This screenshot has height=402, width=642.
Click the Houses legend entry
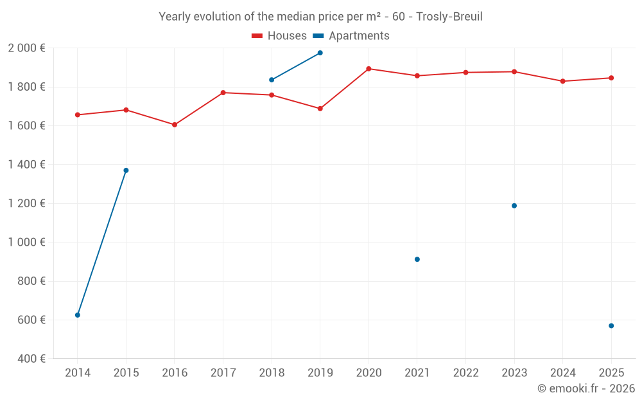pos(279,36)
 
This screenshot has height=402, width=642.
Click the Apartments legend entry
pos(351,36)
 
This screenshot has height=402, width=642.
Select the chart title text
pos(320,17)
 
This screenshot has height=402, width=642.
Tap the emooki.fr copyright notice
pos(586,388)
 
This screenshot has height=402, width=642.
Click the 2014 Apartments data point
pos(78,315)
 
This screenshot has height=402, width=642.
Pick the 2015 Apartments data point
pos(126,170)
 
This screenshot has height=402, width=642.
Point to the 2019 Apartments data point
pos(320,53)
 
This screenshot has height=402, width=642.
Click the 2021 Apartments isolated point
pos(417,259)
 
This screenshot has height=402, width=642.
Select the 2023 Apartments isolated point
pos(514,206)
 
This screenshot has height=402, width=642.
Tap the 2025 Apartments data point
pos(611,326)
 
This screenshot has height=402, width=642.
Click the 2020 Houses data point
pos(369,69)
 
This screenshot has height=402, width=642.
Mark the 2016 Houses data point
pos(175,125)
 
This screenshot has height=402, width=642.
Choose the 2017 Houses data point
pos(223,93)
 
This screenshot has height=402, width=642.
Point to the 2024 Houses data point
pos(563,81)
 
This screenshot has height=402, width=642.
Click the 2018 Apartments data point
pos(272,80)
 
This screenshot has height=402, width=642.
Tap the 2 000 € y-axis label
pos(26,48)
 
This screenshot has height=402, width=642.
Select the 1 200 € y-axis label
pos(26,203)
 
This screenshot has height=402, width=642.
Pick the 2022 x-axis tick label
pos(465,373)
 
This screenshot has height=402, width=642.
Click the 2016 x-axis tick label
pos(175,373)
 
